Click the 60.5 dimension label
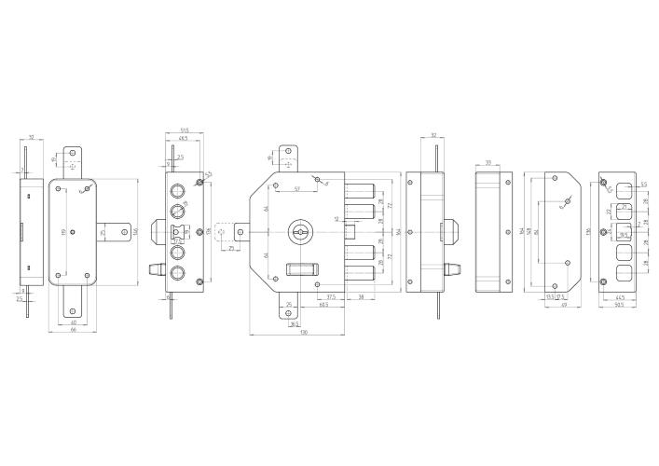[x=323, y=304]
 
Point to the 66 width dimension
[x=74, y=330]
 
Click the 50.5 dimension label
[x=620, y=304]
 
